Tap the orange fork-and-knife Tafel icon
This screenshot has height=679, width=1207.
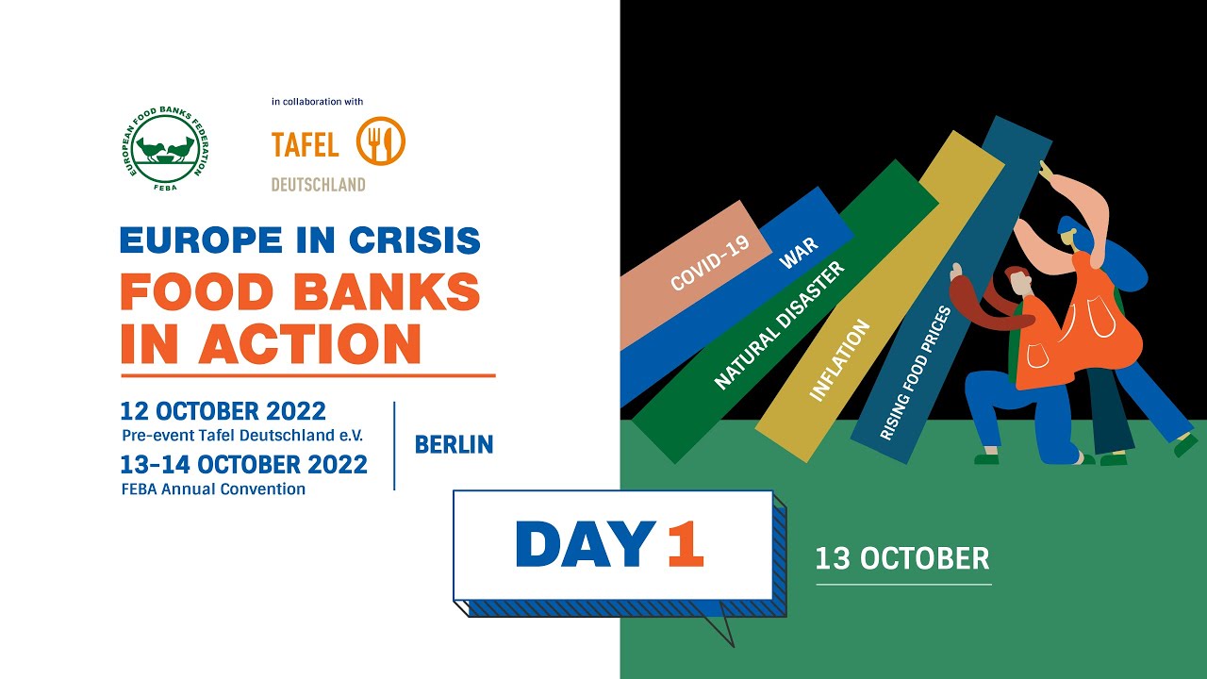pos(381,141)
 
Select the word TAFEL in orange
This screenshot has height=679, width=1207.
pos(305,145)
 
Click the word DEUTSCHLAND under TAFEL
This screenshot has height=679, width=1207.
pos(318,185)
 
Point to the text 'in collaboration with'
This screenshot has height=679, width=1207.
pos(317,102)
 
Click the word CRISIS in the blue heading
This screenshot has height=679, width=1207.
pos(415,240)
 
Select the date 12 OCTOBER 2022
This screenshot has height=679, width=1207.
pos(223,412)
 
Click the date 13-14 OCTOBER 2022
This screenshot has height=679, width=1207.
pos(243,465)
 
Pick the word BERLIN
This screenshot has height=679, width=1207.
pos(454,445)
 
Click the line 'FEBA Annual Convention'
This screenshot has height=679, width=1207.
pos(213,489)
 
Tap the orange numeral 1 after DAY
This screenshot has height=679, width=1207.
pos(685,545)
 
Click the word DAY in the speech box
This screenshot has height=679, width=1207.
pos(585,545)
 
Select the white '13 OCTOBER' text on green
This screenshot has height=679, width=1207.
pos(902,558)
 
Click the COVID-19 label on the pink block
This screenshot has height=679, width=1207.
pos(709,262)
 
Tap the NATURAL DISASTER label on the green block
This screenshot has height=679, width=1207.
pos(779,326)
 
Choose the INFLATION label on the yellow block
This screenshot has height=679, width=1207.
pos(839,361)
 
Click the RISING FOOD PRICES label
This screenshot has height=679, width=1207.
pos(916,373)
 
